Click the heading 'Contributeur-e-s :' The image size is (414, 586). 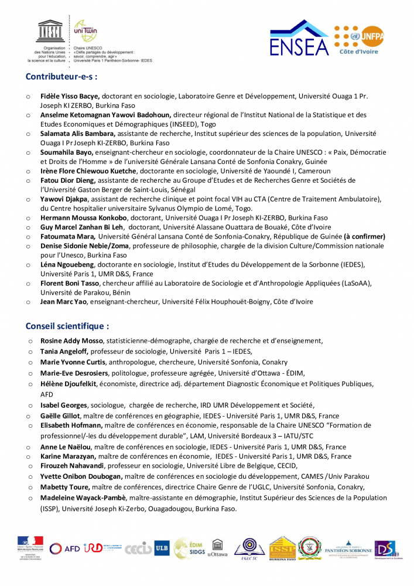coord(61,76)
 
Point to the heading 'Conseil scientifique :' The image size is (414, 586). coord(67,326)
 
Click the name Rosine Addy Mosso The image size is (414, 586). coord(71,340)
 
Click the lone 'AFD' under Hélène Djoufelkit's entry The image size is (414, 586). coord(47,394)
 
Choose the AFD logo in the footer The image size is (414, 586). coord(65,548)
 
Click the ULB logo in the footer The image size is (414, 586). coord(162,548)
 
